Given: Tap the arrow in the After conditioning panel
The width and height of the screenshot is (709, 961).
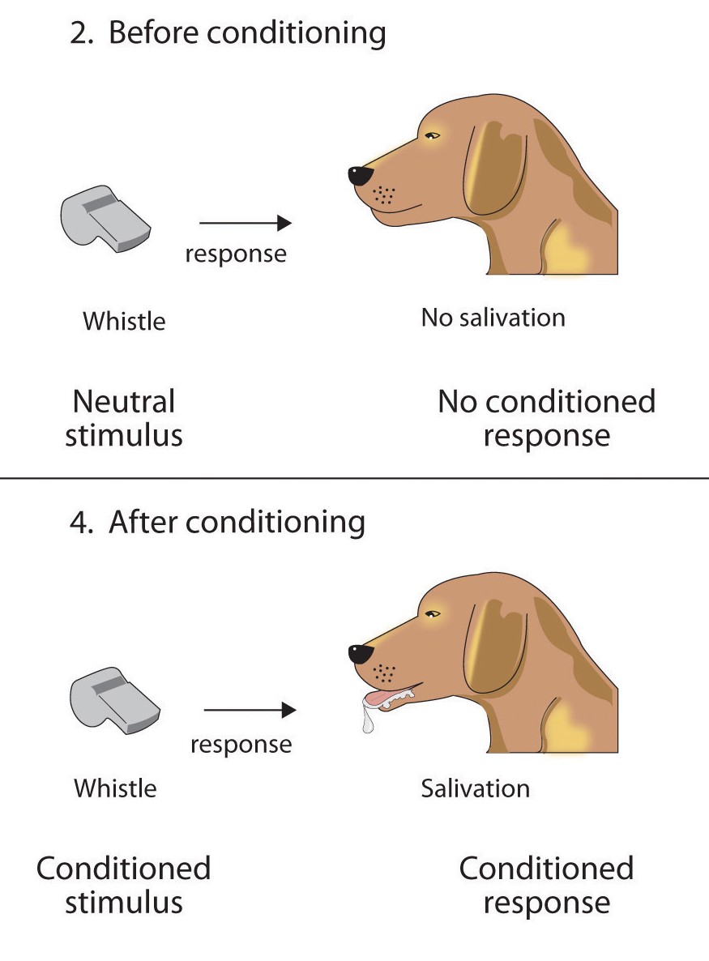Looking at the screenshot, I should tap(250, 711).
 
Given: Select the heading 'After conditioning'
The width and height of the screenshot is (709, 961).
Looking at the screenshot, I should tap(217, 522).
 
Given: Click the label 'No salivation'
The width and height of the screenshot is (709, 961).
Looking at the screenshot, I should tap(493, 317).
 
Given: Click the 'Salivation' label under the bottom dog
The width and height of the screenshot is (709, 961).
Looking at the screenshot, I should tap(475, 788).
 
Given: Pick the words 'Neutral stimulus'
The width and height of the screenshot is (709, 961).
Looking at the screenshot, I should tap(124, 418).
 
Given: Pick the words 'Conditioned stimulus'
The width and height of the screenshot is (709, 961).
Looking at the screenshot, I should tap(124, 885).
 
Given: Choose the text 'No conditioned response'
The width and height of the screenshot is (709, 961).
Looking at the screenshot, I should tap(546, 418).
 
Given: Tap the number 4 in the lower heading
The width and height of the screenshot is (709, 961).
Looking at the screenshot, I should tap(79, 523).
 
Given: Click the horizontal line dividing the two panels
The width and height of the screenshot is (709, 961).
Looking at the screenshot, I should tap(354, 479).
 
